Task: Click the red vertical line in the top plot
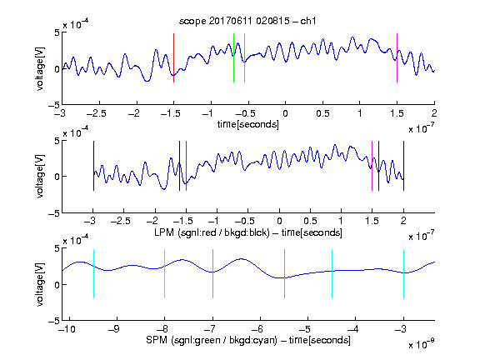click(173, 57)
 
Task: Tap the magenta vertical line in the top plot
click(397, 57)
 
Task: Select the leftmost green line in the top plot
click(233, 57)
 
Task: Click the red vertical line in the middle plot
click(186, 166)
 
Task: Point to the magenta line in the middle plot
click(372, 166)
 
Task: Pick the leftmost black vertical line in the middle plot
click(93, 166)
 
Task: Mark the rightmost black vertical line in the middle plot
click(403, 166)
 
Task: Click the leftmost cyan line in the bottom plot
click(93, 273)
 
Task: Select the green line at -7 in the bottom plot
click(212, 273)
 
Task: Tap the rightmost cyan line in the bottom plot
click(403, 273)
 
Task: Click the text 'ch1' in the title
click(308, 21)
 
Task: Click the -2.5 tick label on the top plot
click(97, 113)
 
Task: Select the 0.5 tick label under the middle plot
click(310, 221)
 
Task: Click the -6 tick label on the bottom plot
click(257, 329)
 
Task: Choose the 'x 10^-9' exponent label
click(422, 343)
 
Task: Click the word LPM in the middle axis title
click(164, 232)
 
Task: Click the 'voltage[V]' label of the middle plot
click(40, 177)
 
